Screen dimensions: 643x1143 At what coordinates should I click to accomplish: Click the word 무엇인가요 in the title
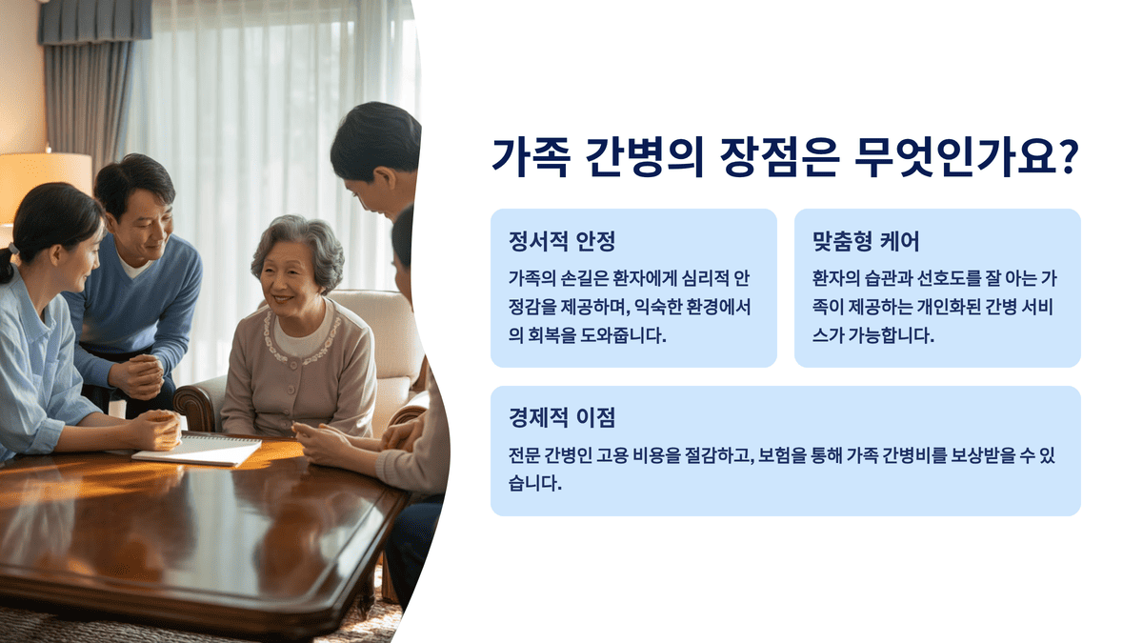pyautogui.click(x=952, y=157)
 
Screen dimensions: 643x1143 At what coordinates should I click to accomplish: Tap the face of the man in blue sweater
pyautogui.click(x=141, y=222)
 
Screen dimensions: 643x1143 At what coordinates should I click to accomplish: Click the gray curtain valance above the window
pyautogui.click(x=95, y=21)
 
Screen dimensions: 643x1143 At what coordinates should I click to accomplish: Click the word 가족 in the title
pyautogui.click(x=531, y=157)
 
